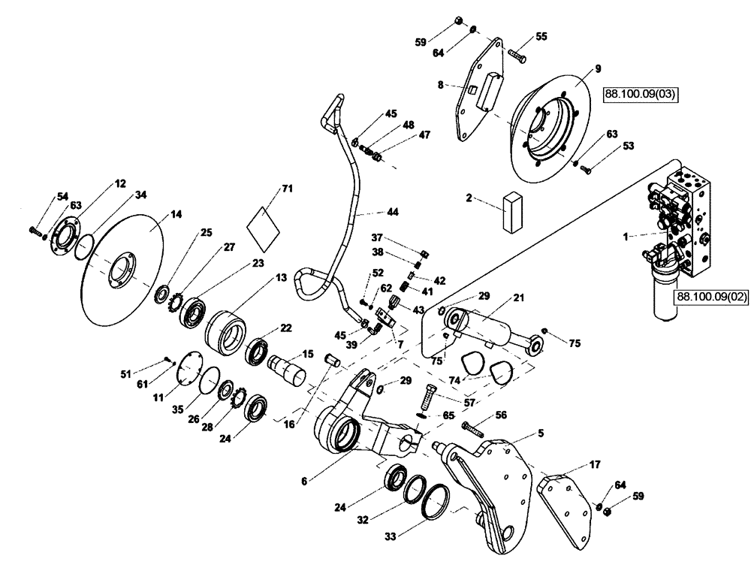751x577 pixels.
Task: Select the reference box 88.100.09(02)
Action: pos(712,298)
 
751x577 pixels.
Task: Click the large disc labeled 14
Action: pos(124,267)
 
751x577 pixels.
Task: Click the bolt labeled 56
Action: pos(472,430)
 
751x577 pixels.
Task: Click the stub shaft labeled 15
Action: pos(287,367)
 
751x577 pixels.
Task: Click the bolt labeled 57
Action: pos(428,395)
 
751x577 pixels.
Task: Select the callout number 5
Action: pos(539,433)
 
